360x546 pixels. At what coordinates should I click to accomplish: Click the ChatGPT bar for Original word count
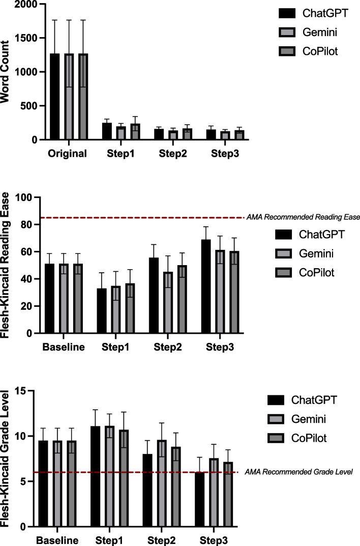click(54, 97)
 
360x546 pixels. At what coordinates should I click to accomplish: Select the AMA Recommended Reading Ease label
click(303, 217)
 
